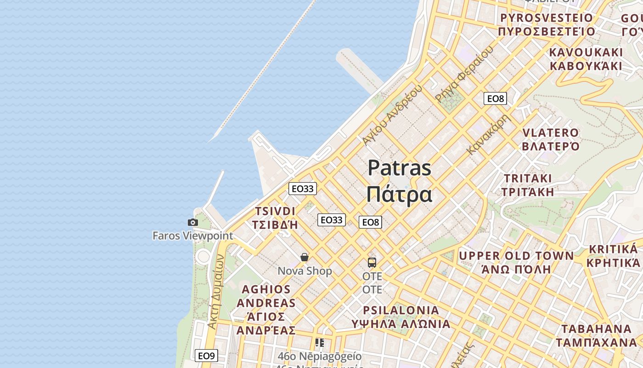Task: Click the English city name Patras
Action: click(400, 168)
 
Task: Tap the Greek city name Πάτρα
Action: click(399, 194)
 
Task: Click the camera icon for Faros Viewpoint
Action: click(193, 223)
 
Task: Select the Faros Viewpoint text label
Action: click(193, 236)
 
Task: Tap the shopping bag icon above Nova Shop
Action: click(305, 257)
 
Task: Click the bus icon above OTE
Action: click(372, 263)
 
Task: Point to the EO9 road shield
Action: click(206, 356)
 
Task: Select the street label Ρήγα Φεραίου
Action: click(464, 74)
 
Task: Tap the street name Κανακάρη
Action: click(489, 134)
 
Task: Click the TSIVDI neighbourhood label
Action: click(275, 211)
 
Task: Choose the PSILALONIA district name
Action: click(401, 310)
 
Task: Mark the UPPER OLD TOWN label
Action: click(516, 256)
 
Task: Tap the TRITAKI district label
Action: click(528, 178)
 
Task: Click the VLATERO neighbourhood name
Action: click(551, 133)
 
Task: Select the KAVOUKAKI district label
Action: click(586, 52)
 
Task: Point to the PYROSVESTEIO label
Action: click(547, 18)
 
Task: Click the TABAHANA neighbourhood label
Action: click(597, 329)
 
